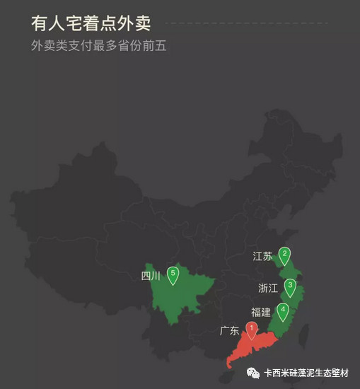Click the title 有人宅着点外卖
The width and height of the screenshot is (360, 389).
click(91, 23)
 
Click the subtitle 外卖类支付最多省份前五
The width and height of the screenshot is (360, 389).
click(99, 47)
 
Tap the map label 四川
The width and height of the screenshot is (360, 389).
click(151, 276)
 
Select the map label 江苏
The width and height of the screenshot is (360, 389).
click(262, 256)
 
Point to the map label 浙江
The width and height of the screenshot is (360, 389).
click(269, 287)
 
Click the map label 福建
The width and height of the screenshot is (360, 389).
click(260, 312)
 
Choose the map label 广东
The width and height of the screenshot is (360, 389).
click(230, 330)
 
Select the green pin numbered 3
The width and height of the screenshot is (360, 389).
click(290, 286)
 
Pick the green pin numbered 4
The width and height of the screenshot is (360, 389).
click(283, 310)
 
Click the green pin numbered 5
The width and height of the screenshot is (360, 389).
click(173, 274)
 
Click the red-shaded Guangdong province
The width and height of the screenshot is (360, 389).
click(248, 348)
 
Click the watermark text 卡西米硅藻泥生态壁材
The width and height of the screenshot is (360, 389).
click(308, 373)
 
